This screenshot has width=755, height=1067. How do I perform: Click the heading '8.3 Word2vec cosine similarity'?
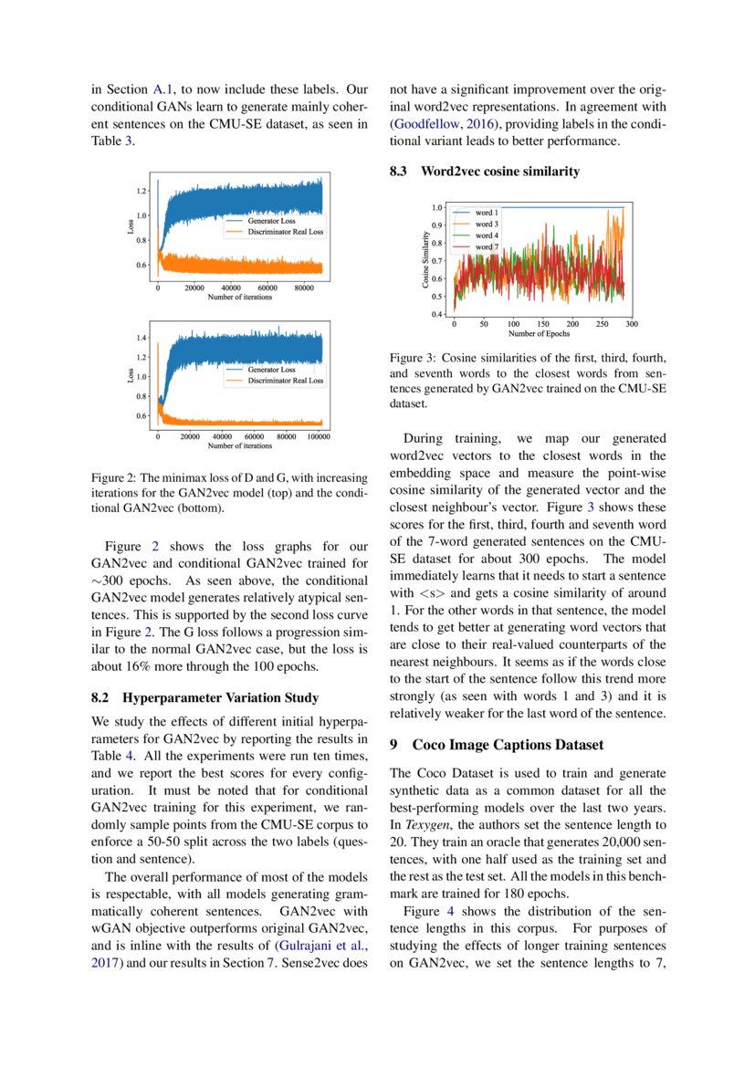click(x=484, y=171)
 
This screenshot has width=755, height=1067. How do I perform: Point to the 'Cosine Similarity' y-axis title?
click(x=425, y=260)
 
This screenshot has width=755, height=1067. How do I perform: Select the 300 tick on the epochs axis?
click(x=631, y=323)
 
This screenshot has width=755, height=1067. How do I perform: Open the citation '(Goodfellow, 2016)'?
click(x=436, y=124)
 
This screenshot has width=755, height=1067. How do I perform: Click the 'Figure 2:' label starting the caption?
click(x=114, y=477)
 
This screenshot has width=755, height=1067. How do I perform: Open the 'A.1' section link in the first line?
click(x=163, y=89)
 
